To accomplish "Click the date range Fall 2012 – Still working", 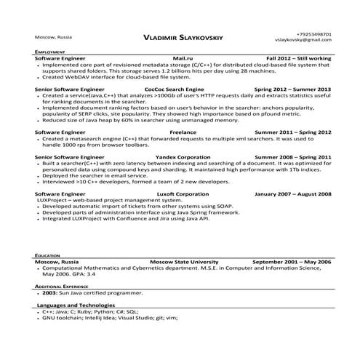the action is [x=298, y=57].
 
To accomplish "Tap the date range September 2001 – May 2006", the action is [x=292, y=261].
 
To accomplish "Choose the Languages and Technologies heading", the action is [x=76, y=305].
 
